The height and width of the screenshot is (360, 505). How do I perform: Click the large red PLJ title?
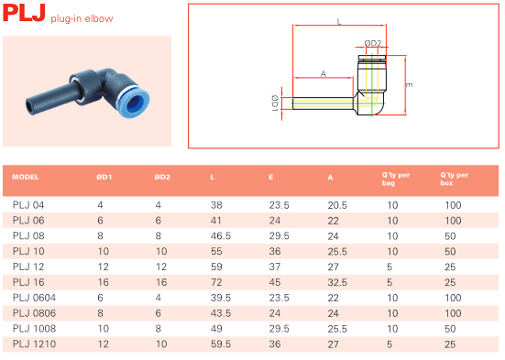[x=24, y=13]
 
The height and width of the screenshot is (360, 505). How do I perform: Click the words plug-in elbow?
[x=82, y=18]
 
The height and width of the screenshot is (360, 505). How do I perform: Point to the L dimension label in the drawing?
[x=339, y=22]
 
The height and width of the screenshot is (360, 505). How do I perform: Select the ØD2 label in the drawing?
[x=373, y=43]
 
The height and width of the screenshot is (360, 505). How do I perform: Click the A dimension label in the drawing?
[x=324, y=74]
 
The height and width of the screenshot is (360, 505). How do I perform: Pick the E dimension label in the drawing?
[x=409, y=85]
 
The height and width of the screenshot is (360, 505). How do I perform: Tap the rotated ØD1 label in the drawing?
[x=275, y=103]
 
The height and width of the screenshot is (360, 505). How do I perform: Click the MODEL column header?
[x=26, y=177]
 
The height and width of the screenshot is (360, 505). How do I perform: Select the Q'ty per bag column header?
[x=396, y=179]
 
